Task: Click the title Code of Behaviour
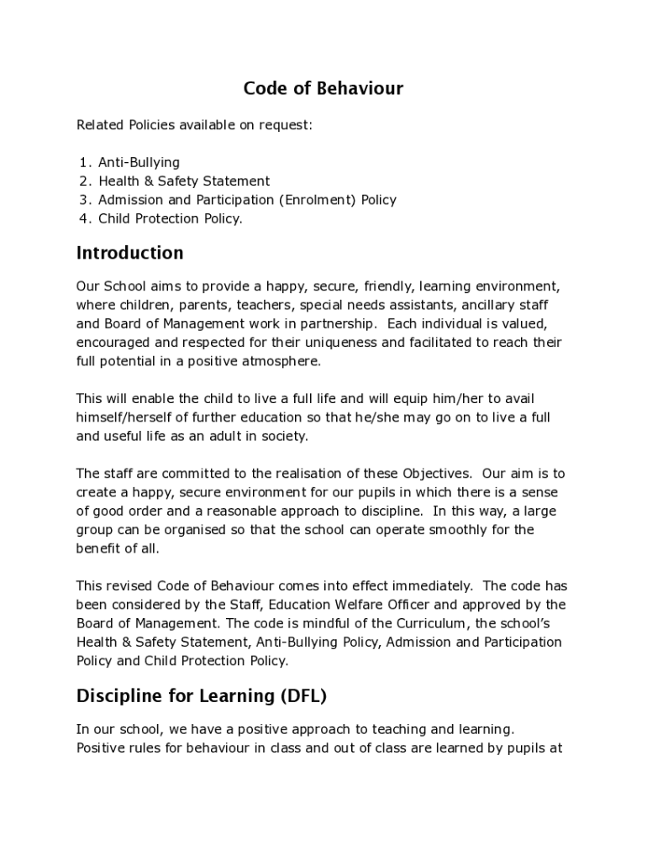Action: (x=323, y=88)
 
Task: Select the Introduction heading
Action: (x=129, y=253)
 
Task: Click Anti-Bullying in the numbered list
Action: (x=139, y=162)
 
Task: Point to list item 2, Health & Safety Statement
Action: (x=184, y=181)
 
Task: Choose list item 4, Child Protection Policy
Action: (x=170, y=218)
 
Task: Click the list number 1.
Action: (x=84, y=162)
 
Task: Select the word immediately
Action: (x=415, y=585)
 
